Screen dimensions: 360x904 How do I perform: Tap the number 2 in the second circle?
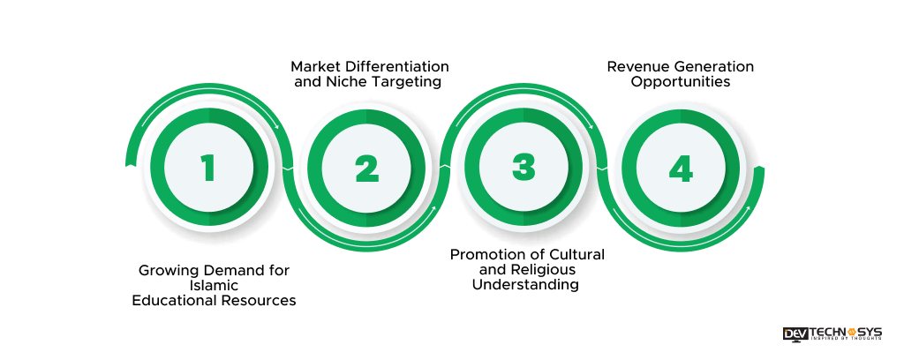coord(366,168)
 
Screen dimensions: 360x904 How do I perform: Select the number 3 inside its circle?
coord(524,168)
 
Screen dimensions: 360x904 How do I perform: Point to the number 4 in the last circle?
coord(681,168)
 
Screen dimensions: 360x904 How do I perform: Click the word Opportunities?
coord(681,83)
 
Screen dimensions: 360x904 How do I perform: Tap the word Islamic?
coord(214,285)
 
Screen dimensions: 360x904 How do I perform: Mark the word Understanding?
coord(525,286)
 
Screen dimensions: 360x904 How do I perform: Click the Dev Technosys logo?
coord(832,334)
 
